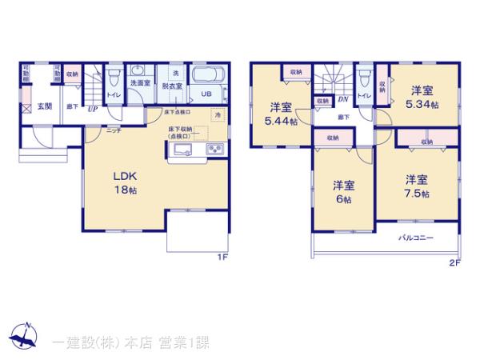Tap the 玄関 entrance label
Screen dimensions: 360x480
(x=44, y=106)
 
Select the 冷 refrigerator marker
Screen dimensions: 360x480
(x=218, y=116)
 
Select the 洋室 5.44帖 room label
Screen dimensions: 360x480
(x=280, y=113)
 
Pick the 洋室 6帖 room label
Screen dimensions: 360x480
(x=344, y=191)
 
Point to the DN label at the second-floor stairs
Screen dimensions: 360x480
(x=342, y=99)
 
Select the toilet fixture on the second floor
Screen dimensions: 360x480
(x=366, y=81)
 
